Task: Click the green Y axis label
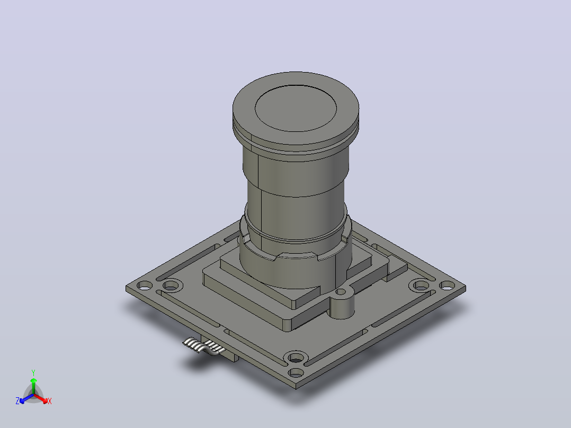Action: pyautogui.click(x=33, y=372)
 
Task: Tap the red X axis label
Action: pyautogui.click(x=50, y=401)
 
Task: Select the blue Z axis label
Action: pyautogui.click(x=17, y=401)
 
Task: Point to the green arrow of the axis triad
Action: pyautogui.click(x=33, y=386)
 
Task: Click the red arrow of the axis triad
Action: pyautogui.click(x=41, y=398)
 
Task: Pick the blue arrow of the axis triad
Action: pyautogui.click(x=26, y=398)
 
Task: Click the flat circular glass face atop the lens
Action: pyautogui.click(x=296, y=108)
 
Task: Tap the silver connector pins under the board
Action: pyautogui.click(x=204, y=345)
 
